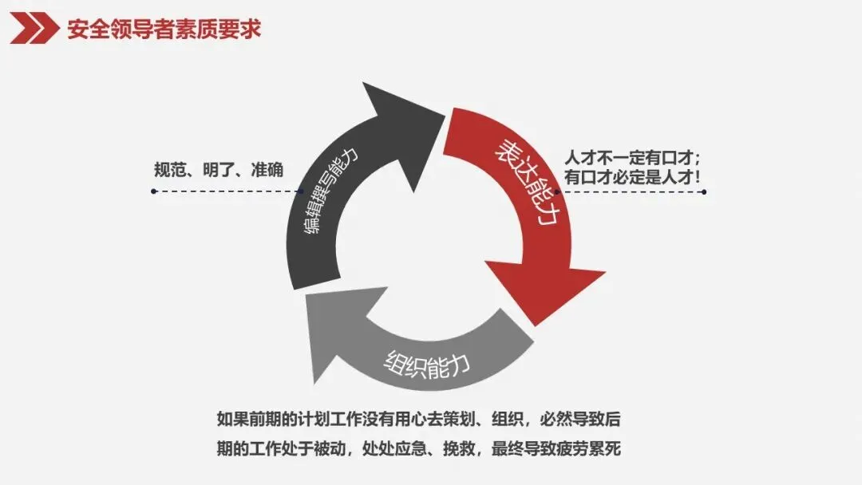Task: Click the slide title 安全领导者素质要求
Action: click(x=164, y=30)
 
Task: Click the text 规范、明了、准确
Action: click(x=219, y=171)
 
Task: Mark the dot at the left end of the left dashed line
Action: click(x=152, y=191)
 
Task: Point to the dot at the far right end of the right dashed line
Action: click(x=703, y=191)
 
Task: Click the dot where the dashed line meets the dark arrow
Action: click(x=299, y=191)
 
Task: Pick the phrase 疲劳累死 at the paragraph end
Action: click(x=591, y=449)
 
